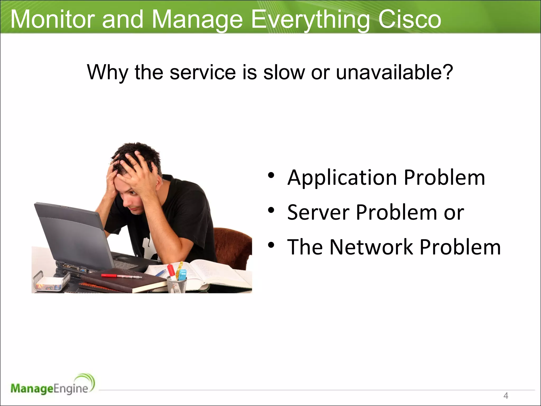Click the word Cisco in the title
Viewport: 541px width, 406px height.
pyautogui.click(x=409, y=20)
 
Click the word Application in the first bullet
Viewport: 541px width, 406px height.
pyautogui.click(x=342, y=178)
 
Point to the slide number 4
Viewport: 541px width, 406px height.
pyautogui.click(x=506, y=396)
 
